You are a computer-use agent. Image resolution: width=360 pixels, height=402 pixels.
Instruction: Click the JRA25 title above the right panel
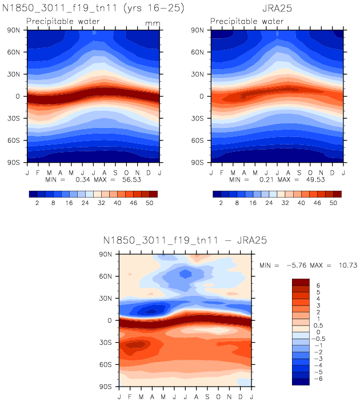tap(277, 9)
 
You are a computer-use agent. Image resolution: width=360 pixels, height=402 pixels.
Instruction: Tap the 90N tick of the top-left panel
tap(16, 30)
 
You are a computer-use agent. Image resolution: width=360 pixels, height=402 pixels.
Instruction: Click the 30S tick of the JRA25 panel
tap(199, 118)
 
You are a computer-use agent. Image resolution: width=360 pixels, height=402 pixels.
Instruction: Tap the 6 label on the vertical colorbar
tap(318, 286)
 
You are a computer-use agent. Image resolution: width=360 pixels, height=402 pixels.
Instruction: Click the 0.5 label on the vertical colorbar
tap(321, 324)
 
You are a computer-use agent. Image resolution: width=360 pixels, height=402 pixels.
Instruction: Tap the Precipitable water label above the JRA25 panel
tap(246, 22)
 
